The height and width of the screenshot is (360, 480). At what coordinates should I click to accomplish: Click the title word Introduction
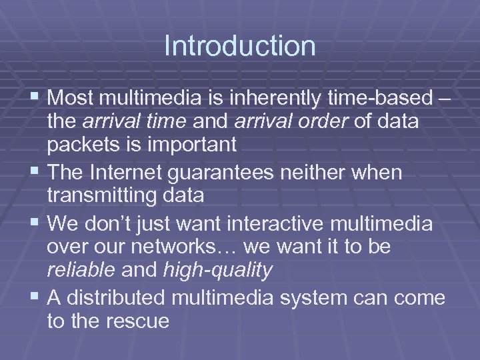point(240,46)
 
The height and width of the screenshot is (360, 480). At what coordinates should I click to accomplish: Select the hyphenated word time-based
point(379,99)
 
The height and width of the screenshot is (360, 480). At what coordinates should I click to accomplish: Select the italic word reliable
point(81,269)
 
